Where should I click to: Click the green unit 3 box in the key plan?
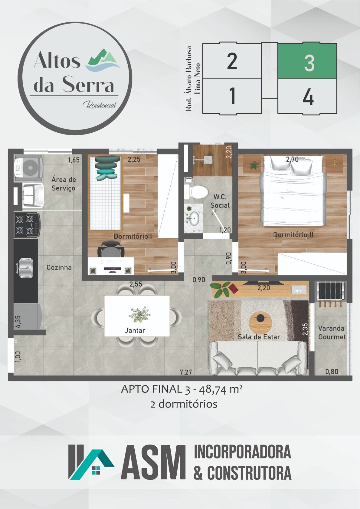[307, 61]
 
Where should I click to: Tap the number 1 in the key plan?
[232, 96]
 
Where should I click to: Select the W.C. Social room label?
[220, 201]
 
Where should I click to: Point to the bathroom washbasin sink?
[194, 218]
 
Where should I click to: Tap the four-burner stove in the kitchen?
[27, 225]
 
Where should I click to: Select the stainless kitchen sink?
[25, 268]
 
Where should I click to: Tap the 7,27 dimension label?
[186, 372]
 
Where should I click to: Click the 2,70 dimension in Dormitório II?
[292, 159]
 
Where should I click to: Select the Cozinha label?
[59, 268]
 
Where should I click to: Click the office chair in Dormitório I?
[111, 248]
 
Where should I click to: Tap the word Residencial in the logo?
[100, 105]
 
